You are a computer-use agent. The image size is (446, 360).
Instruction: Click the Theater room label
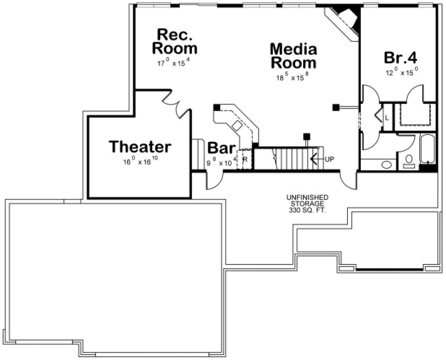pyautogui.click(x=140, y=147)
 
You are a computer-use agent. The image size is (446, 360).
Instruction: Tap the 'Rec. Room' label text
pyautogui.click(x=174, y=42)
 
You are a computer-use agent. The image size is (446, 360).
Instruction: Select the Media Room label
pyautogui.click(x=293, y=56)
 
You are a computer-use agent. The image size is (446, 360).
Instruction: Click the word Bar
pyautogui.click(x=221, y=149)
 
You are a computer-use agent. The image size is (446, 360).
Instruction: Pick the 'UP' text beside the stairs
pyautogui.click(x=329, y=159)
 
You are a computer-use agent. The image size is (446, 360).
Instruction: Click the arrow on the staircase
pyautogui.click(x=314, y=159)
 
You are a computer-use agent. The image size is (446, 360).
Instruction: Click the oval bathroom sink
pyautogui.click(x=387, y=164)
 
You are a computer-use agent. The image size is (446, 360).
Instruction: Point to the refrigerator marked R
pyautogui.click(x=245, y=159)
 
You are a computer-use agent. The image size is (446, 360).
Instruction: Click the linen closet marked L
pyautogui.click(x=387, y=116)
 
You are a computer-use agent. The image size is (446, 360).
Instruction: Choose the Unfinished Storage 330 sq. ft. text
pyautogui.click(x=307, y=203)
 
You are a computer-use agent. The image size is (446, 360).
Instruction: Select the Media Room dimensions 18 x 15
pyautogui.click(x=292, y=76)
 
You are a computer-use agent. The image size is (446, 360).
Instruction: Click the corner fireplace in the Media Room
pyautogui.click(x=343, y=21)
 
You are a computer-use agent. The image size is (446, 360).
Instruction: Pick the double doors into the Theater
pyautogui.click(x=176, y=104)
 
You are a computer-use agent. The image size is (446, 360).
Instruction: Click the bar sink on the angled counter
pyautogui.click(x=237, y=126)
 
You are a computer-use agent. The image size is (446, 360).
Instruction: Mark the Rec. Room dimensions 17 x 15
pyautogui.click(x=174, y=62)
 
